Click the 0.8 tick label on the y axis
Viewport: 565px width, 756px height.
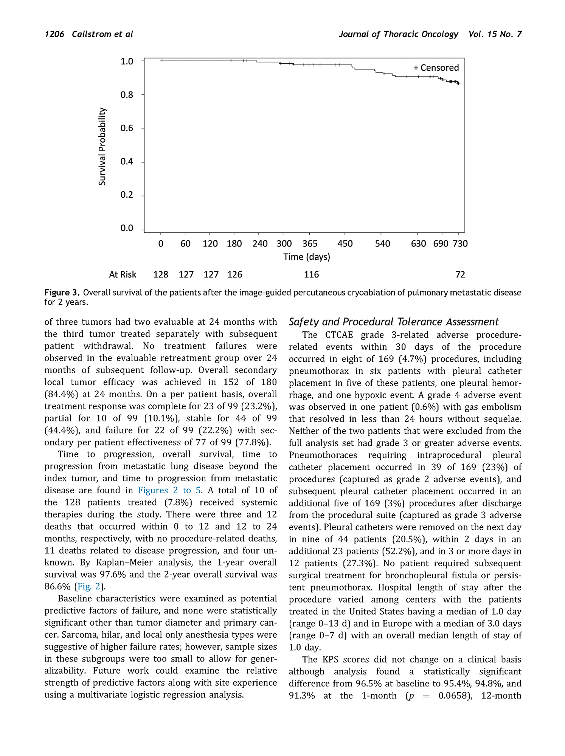(x=127, y=95)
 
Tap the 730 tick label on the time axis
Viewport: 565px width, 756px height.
(x=460, y=244)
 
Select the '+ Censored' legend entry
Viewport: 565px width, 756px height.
(x=436, y=68)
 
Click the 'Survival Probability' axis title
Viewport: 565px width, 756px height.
(x=102, y=146)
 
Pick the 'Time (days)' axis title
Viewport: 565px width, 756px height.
(x=307, y=257)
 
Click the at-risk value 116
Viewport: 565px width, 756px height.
(x=311, y=275)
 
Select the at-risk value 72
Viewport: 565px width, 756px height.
(x=460, y=275)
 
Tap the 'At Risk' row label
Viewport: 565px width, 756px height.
(x=123, y=275)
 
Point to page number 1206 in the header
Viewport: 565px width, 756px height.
(x=54, y=34)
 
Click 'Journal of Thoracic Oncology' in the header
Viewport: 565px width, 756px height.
(x=398, y=34)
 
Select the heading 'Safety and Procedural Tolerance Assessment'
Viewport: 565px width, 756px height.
(x=394, y=322)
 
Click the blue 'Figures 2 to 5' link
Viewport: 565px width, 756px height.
(x=169, y=490)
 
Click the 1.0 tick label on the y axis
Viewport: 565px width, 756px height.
(x=127, y=62)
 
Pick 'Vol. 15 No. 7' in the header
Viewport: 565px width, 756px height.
(x=495, y=34)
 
